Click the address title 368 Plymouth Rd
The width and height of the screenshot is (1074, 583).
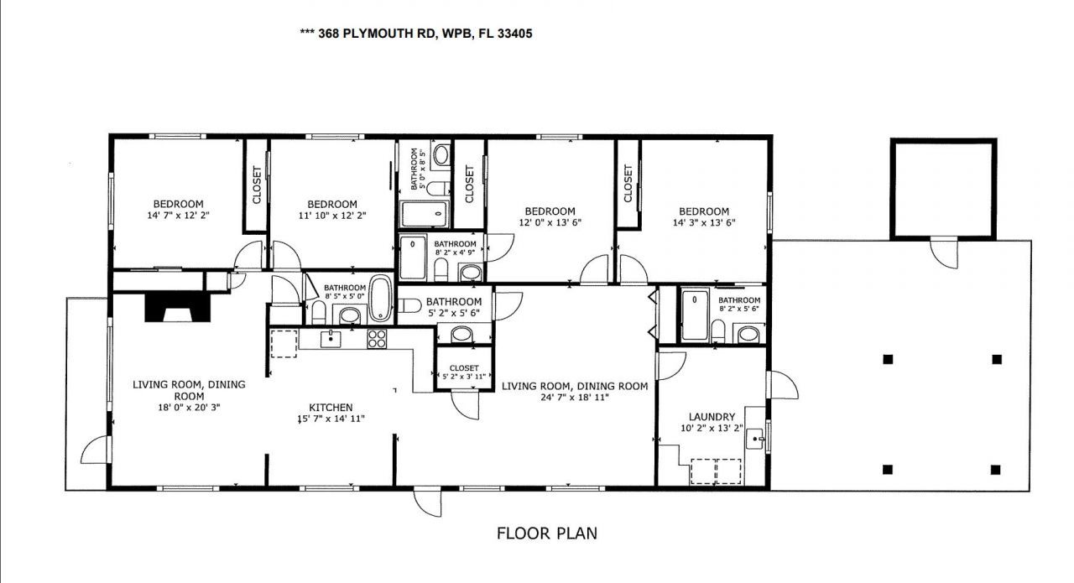pos(416,34)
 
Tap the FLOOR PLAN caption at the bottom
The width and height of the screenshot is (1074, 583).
pos(546,533)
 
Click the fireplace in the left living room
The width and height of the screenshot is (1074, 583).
pos(175,307)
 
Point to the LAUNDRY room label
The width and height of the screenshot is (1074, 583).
pos(712,417)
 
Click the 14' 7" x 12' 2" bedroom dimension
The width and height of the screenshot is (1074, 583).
pos(178,216)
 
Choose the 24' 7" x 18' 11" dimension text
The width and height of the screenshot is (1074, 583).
pos(575,398)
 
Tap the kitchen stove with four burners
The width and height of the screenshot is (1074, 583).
pos(377,340)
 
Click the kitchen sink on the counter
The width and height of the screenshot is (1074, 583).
pos(331,339)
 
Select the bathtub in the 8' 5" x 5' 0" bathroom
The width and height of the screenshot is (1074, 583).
pos(380,299)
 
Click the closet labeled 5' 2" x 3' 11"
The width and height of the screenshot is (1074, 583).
pos(463,372)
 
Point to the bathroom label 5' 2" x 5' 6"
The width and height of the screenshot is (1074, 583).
pos(453,313)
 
